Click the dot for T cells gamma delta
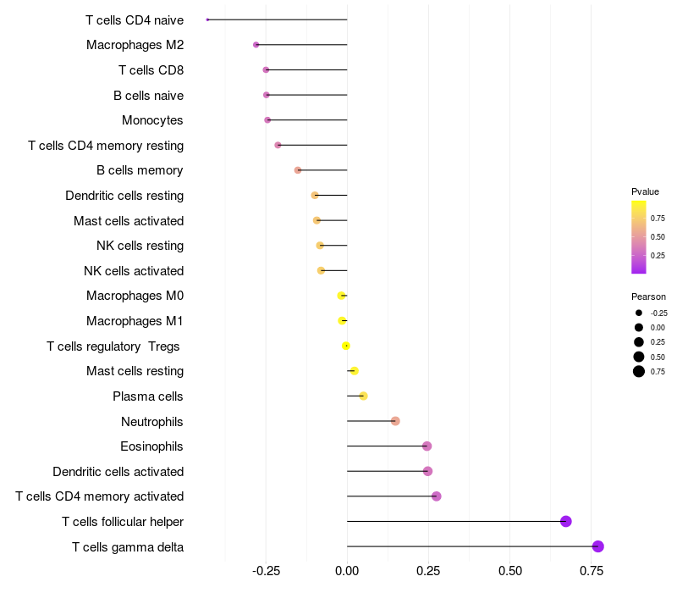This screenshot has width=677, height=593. click(x=598, y=546)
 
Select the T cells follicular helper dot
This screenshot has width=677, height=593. click(x=566, y=522)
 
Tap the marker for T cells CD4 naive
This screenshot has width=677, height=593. click(x=207, y=19)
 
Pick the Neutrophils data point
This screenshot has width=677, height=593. click(x=395, y=421)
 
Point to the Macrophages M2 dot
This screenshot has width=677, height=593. click(x=256, y=45)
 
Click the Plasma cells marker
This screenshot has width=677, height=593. click(x=363, y=396)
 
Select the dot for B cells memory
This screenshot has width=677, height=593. click(x=298, y=170)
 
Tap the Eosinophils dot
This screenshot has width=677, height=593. click(x=427, y=446)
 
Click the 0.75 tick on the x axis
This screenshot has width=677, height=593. click(x=592, y=571)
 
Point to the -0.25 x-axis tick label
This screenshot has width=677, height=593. click(x=266, y=571)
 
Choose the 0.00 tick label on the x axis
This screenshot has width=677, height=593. click(x=347, y=571)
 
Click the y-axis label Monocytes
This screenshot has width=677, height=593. click(x=152, y=120)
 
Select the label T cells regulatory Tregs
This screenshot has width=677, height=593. click(x=114, y=346)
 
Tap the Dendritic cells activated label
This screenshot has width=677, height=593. click(x=118, y=472)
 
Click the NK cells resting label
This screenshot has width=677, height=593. click(x=140, y=246)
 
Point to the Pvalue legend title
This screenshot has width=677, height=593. click(x=645, y=191)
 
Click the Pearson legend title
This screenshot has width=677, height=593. click(x=648, y=296)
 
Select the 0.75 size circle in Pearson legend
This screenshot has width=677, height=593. click(x=639, y=371)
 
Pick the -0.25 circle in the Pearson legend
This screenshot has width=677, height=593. click(x=639, y=313)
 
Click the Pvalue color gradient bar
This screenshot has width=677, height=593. click(x=639, y=237)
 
